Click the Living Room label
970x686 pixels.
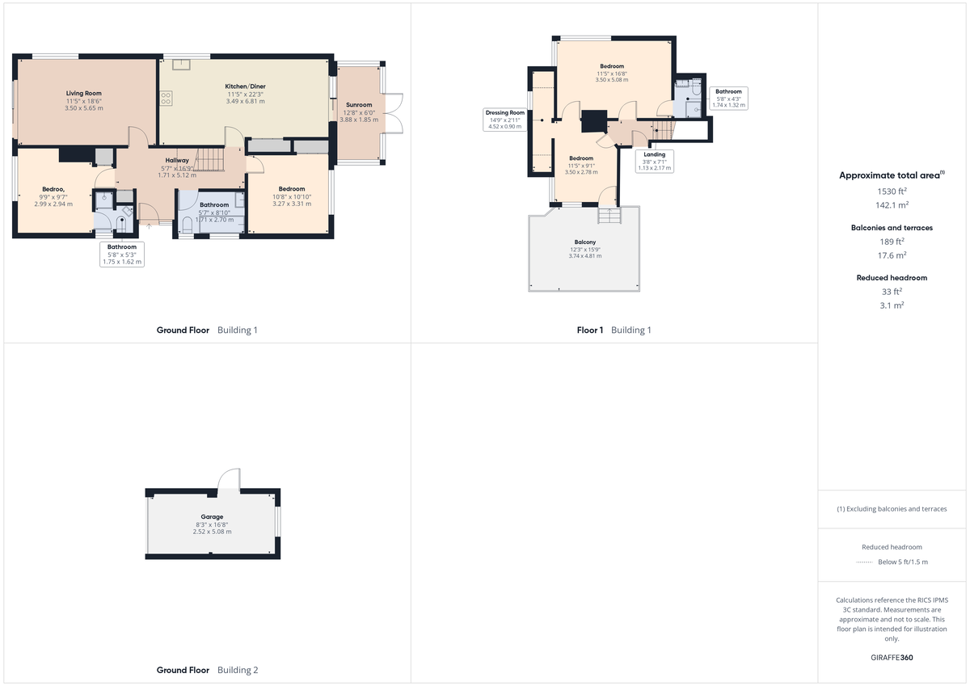84,94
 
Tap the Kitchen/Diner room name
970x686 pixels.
246,86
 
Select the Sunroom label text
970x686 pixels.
359,105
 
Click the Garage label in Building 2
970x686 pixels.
212,517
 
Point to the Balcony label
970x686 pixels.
585,242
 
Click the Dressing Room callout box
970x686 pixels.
505,119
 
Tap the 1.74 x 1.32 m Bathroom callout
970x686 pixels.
728,98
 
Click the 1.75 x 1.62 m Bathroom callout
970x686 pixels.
122,254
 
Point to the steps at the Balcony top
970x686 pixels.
609,216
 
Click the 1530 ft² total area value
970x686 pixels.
892,191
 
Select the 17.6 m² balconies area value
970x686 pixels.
892,255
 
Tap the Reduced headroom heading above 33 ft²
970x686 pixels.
892,277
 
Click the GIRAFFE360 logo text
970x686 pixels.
892,658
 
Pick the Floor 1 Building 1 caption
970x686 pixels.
614,330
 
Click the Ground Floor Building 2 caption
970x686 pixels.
207,670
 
